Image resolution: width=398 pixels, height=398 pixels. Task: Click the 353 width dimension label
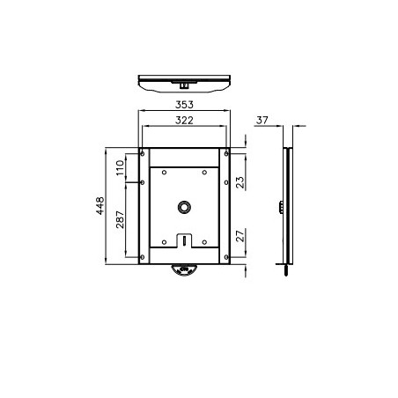(184, 104)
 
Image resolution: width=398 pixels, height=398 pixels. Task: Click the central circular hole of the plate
(184, 207)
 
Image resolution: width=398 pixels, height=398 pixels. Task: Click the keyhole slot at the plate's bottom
(184, 239)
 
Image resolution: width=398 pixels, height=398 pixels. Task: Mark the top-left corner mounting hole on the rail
(143, 155)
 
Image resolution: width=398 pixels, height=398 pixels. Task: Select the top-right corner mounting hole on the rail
(226, 155)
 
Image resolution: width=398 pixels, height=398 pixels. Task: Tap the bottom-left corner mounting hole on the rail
(143, 257)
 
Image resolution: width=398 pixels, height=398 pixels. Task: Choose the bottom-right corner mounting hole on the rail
(226, 257)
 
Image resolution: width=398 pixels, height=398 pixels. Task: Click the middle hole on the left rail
(143, 182)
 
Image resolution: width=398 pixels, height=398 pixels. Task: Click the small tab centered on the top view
(184, 85)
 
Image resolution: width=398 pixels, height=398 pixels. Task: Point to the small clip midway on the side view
(282, 207)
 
